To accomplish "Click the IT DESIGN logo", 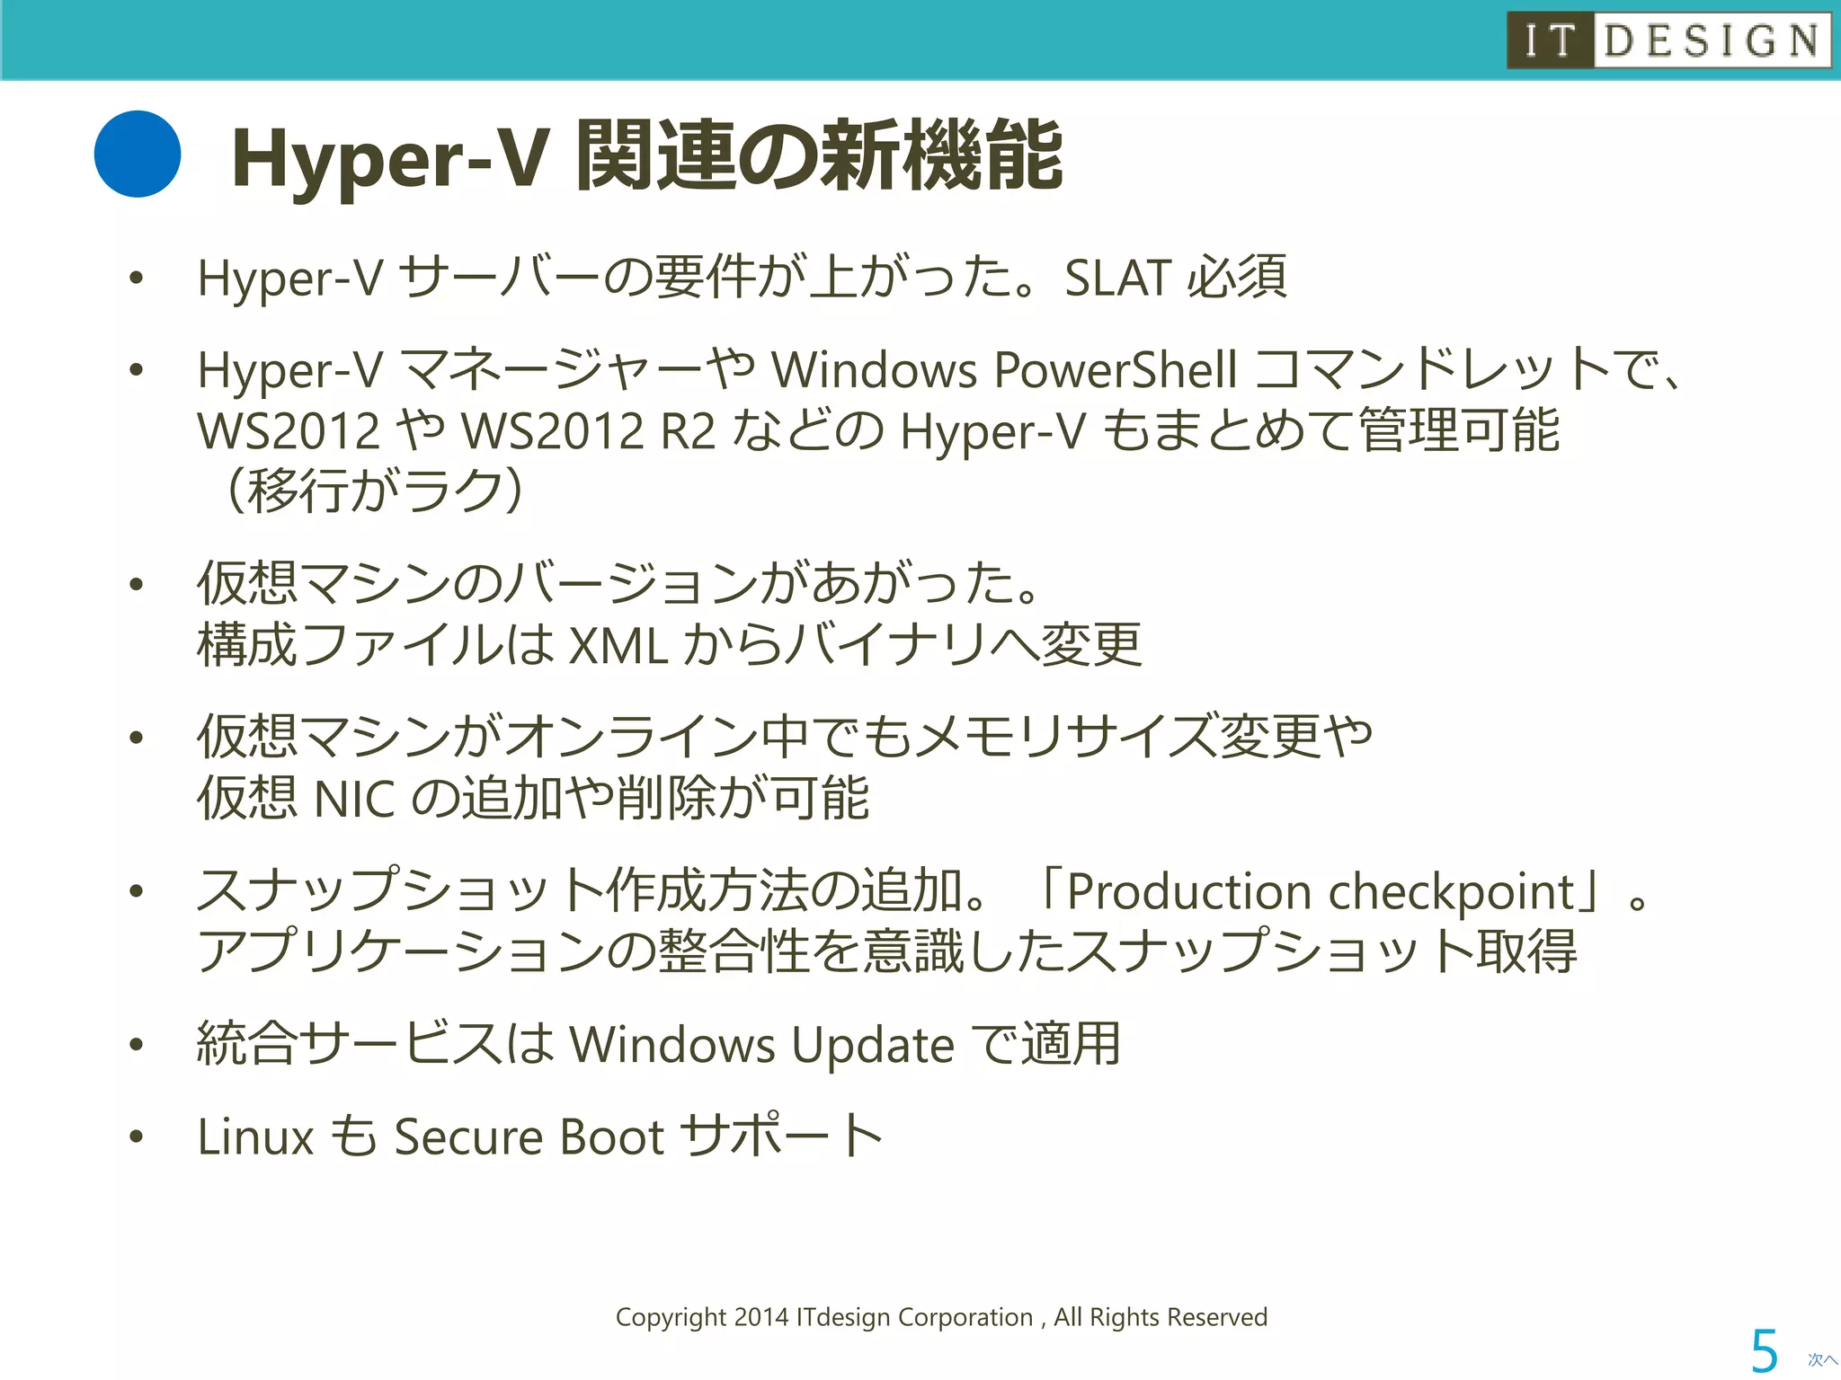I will tap(1668, 40).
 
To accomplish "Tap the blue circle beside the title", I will tap(138, 155).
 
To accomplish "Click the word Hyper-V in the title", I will tap(389, 159).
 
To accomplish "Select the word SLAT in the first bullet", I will tap(1117, 278).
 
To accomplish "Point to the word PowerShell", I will tap(1116, 370).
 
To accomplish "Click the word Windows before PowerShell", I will tap(874, 370).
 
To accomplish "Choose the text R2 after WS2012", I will tap(688, 431).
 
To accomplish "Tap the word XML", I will tap(619, 645).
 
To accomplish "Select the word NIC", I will tap(355, 798).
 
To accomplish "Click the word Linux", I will tap(255, 1137).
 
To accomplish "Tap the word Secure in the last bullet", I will tap(468, 1137).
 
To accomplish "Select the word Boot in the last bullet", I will tap(611, 1137).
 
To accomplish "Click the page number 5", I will tap(1764, 1350).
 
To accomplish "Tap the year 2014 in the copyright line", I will tap(760, 1317).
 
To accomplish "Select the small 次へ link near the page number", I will tap(1822, 1360).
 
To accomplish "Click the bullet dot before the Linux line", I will tap(137, 1137).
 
